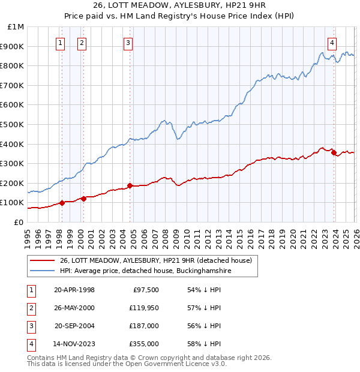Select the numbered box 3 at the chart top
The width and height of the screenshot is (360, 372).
pos(128,43)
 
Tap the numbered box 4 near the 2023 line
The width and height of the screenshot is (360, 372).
pos(332,43)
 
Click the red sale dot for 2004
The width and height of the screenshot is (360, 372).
pos(130,185)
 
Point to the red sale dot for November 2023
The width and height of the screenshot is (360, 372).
pos(334,152)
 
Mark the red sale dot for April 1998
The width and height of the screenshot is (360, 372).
pos(62,203)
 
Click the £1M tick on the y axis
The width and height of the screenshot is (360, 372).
pos(16,27)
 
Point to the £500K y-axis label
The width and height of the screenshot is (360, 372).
pos(13,125)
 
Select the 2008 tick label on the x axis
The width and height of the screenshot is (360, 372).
pos(165,237)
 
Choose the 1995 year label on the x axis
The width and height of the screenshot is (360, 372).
pos(28,237)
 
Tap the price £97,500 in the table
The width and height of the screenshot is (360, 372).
pos(146,289)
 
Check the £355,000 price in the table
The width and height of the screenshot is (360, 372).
pos(144,344)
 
